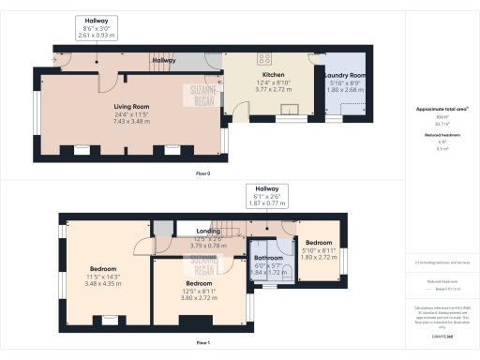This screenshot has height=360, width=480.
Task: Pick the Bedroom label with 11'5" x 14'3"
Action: click(x=103, y=267)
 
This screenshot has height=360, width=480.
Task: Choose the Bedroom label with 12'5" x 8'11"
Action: click(x=198, y=282)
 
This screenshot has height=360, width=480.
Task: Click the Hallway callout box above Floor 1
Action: click(x=265, y=194)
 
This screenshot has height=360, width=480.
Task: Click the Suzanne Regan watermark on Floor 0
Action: click(x=199, y=95)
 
